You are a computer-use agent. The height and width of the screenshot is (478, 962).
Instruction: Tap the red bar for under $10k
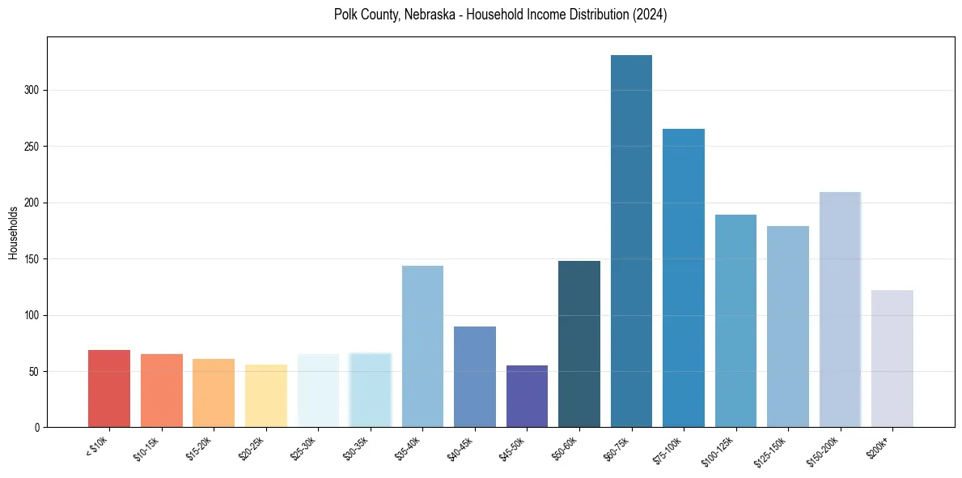click(109, 389)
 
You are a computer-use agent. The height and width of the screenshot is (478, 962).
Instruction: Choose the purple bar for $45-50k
click(527, 396)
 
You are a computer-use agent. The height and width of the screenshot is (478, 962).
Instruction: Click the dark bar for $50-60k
click(579, 344)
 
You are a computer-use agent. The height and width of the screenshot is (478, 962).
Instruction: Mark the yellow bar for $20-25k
click(266, 396)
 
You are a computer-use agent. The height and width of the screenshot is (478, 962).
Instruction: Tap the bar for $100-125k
click(735, 321)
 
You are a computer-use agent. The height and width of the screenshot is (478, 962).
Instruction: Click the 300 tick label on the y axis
click(32, 91)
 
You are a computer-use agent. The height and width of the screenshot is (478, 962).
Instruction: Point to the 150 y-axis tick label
click(32, 259)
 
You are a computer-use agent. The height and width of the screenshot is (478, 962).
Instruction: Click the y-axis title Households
click(14, 233)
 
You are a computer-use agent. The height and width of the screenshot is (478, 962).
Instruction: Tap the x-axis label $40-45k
click(460, 448)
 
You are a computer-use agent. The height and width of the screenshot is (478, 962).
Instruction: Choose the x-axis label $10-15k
click(146, 448)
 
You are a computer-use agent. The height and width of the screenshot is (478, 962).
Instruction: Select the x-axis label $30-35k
click(355, 448)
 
